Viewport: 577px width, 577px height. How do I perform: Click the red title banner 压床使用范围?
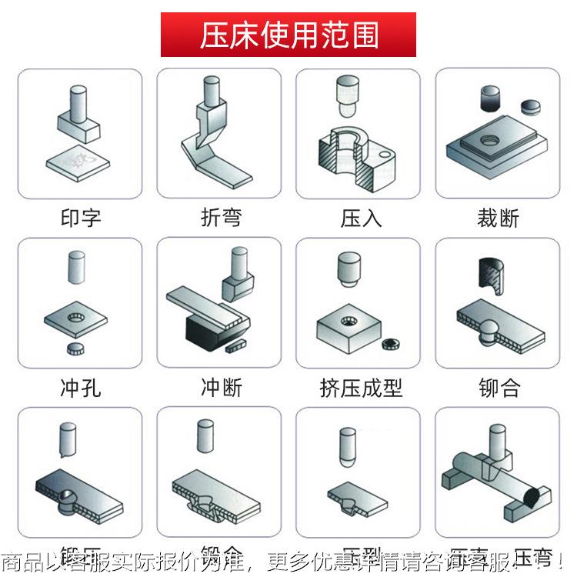click(x=288, y=35)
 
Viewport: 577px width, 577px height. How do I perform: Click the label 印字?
click(x=80, y=218)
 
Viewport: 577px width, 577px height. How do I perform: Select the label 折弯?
click(x=220, y=218)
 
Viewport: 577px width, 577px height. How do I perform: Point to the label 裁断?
click(x=499, y=218)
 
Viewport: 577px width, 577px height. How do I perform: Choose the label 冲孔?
click(x=80, y=387)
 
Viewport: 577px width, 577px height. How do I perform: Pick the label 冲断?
click(x=220, y=387)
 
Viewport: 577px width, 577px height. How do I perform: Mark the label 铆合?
click(x=499, y=387)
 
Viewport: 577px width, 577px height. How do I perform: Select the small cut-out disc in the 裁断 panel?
click(x=530, y=105)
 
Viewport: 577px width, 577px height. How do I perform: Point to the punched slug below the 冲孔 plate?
click(x=75, y=350)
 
